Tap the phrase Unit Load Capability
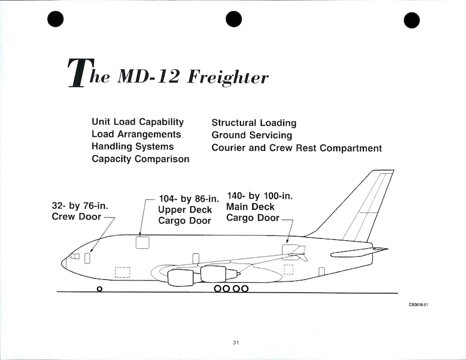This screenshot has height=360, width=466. (x=138, y=122)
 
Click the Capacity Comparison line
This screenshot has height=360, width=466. (x=140, y=159)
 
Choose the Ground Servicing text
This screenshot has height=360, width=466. (x=252, y=135)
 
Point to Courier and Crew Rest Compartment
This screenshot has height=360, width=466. (x=296, y=148)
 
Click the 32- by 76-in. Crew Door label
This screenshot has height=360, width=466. (x=80, y=212)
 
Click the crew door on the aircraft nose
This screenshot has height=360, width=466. (x=87, y=258)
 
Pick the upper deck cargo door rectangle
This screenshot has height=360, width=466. (x=142, y=243)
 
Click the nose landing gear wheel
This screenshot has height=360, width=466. (x=99, y=289)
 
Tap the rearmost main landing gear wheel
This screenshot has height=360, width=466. (x=245, y=289)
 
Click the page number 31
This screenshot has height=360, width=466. (x=236, y=342)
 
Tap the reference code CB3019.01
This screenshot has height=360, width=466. (x=423, y=305)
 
